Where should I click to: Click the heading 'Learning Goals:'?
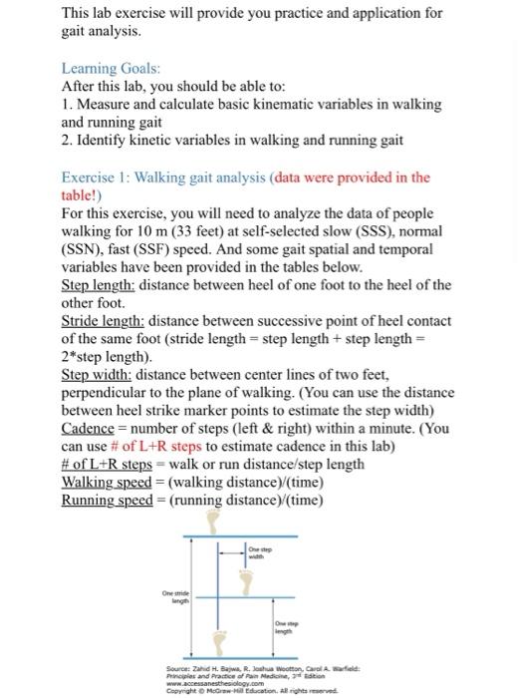(111, 68)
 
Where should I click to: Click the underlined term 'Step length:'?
(101, 284)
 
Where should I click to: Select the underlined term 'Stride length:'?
(106, 321)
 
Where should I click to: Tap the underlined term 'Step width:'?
(97, 375)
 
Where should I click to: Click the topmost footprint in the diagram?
(211, 523)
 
